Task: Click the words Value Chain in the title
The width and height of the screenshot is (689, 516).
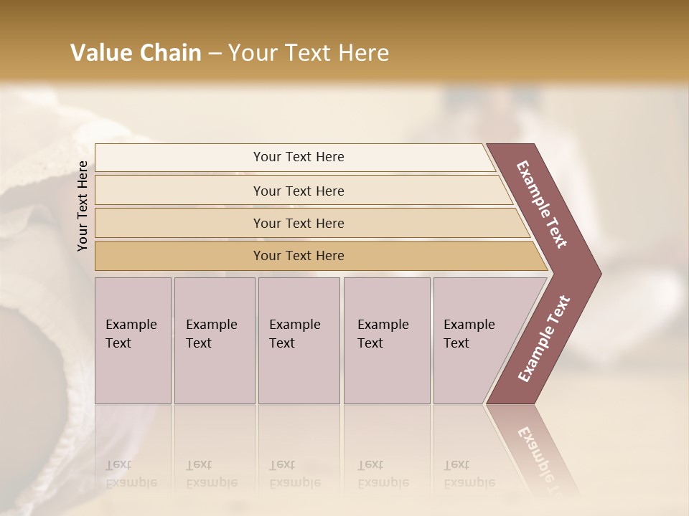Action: (136, 53)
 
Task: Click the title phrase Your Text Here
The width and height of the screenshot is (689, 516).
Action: (309, 53)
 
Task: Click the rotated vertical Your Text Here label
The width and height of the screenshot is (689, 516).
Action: (83, 206)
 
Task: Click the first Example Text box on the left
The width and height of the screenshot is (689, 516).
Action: (133, 340)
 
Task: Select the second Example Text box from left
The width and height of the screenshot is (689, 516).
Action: (215, 340)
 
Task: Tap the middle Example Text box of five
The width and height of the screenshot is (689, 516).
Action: (299, 340)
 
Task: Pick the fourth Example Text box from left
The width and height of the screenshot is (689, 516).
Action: (387, 340)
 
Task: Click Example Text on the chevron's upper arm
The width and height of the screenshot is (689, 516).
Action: (542, 204)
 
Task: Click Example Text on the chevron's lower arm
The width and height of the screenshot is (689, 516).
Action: (543, 338)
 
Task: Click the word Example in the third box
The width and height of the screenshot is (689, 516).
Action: (294, 325)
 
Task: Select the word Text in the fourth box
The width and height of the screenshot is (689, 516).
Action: (370, 343)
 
